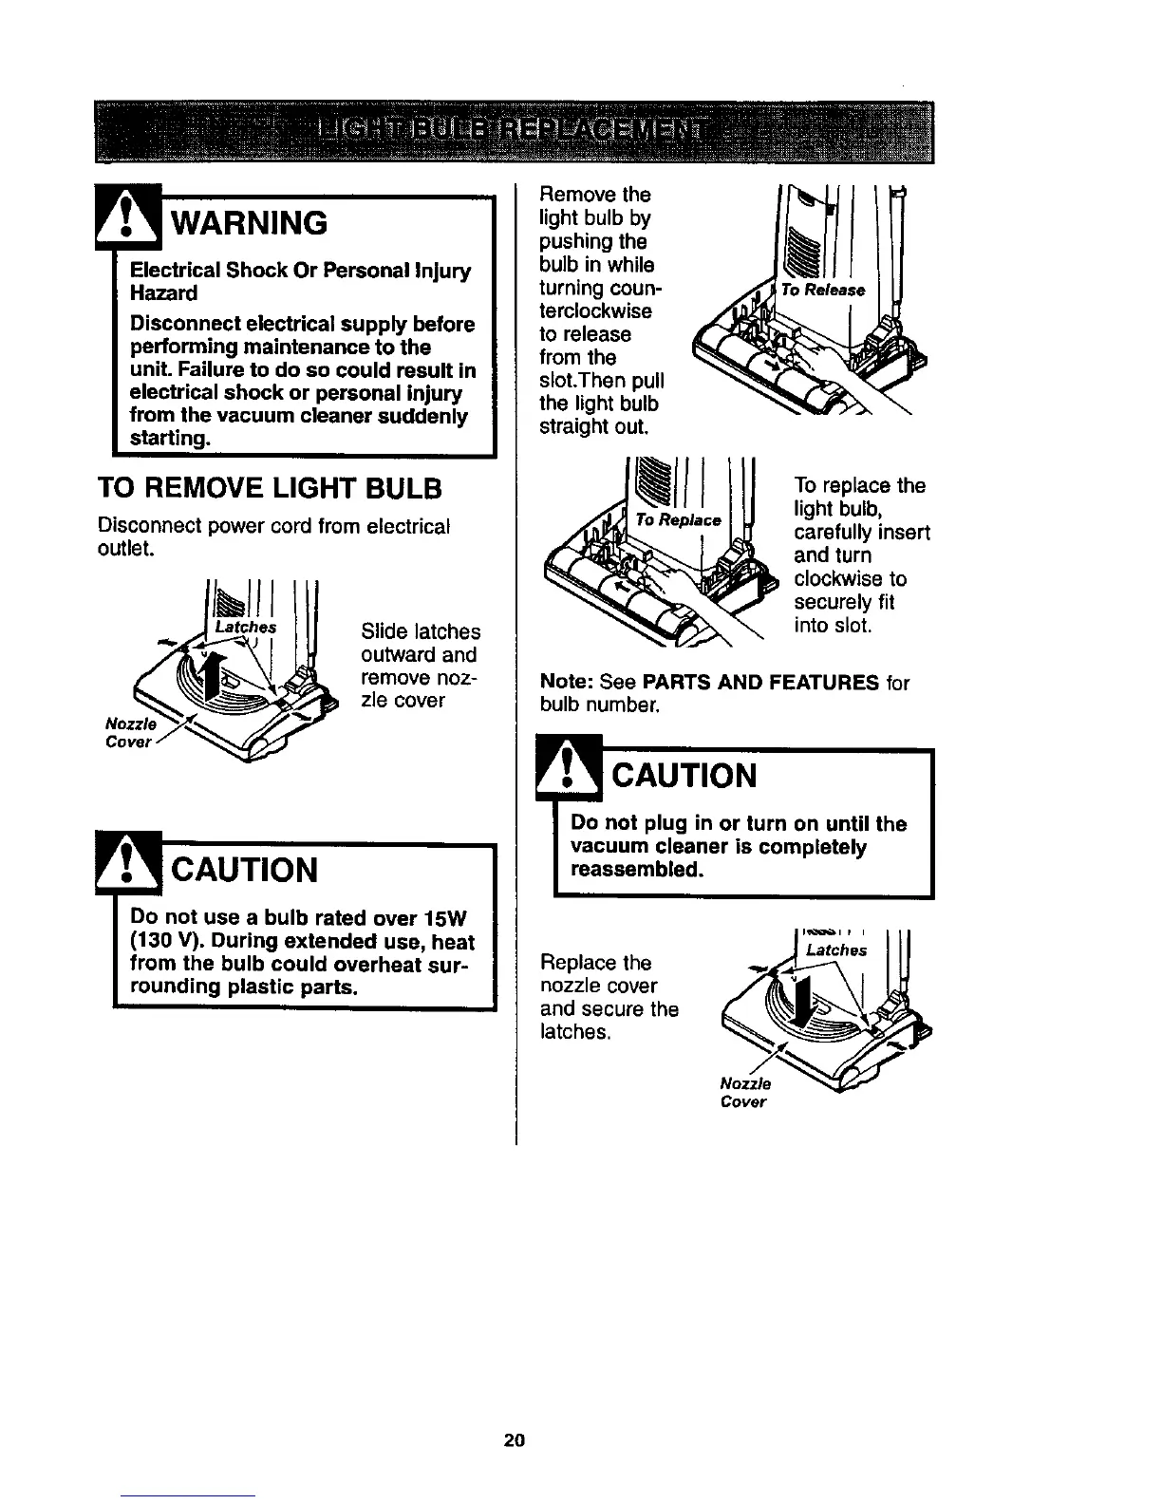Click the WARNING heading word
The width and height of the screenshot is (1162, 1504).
point(248,223)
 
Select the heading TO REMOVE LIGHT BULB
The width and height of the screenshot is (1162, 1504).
point(270,489)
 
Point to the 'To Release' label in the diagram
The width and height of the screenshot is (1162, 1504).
point(822,290)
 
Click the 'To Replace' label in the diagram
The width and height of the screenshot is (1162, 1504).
point(679,520)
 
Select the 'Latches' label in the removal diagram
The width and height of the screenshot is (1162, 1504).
point(244,627)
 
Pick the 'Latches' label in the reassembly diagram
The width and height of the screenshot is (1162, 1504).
point(835,949)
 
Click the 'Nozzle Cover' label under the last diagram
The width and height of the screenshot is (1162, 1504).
point(745,1093)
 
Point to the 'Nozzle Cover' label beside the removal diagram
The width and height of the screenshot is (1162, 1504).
point(128,732)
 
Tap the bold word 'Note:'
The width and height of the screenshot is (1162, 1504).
point(567,683)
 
